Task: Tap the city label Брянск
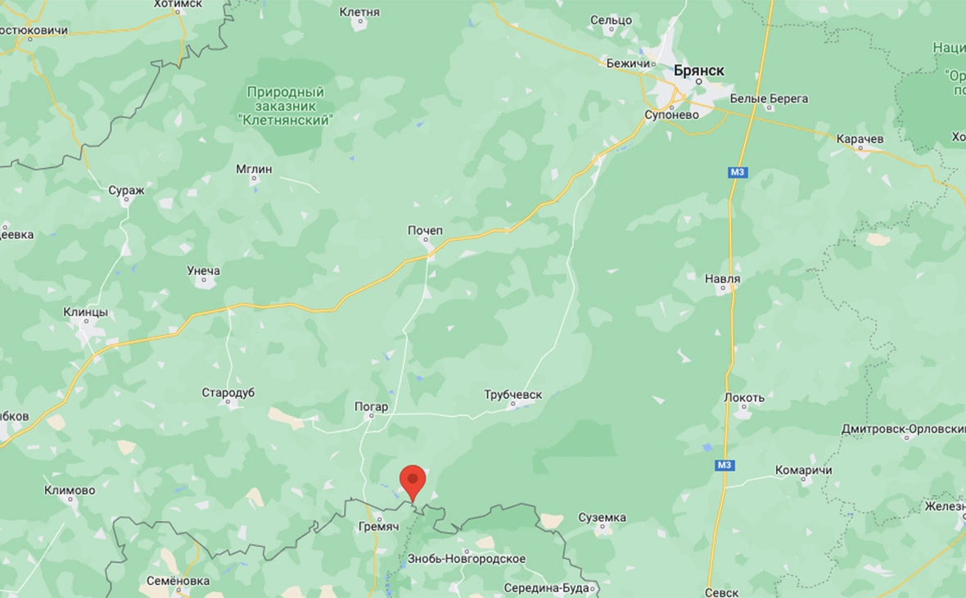click(x=698, y=71)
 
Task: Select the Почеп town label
click(x=425, y=231)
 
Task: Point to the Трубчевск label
click(x=513, y=395)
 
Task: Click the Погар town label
click(x=371, y=406)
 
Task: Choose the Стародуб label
click(x=228, y=393)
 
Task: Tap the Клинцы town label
click(x=86, y=312)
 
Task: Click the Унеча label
click(x=203, y=271)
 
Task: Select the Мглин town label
click(x=254, y=170)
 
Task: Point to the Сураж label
click(x=126, y=190)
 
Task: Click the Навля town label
click(x=722, y=279)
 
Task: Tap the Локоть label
click(x=744, y=398)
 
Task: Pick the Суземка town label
click(x=602, y=518)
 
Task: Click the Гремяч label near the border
click(x=379, y=527)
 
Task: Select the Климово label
click(x=70, y=491)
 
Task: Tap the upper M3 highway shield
click(x=738, y=172)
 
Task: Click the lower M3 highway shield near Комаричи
click(x=724, y=465)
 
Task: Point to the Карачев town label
click(x=860, y=139)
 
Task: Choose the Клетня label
click(x=359, y=12)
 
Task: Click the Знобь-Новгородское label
click(x=466, y=559)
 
